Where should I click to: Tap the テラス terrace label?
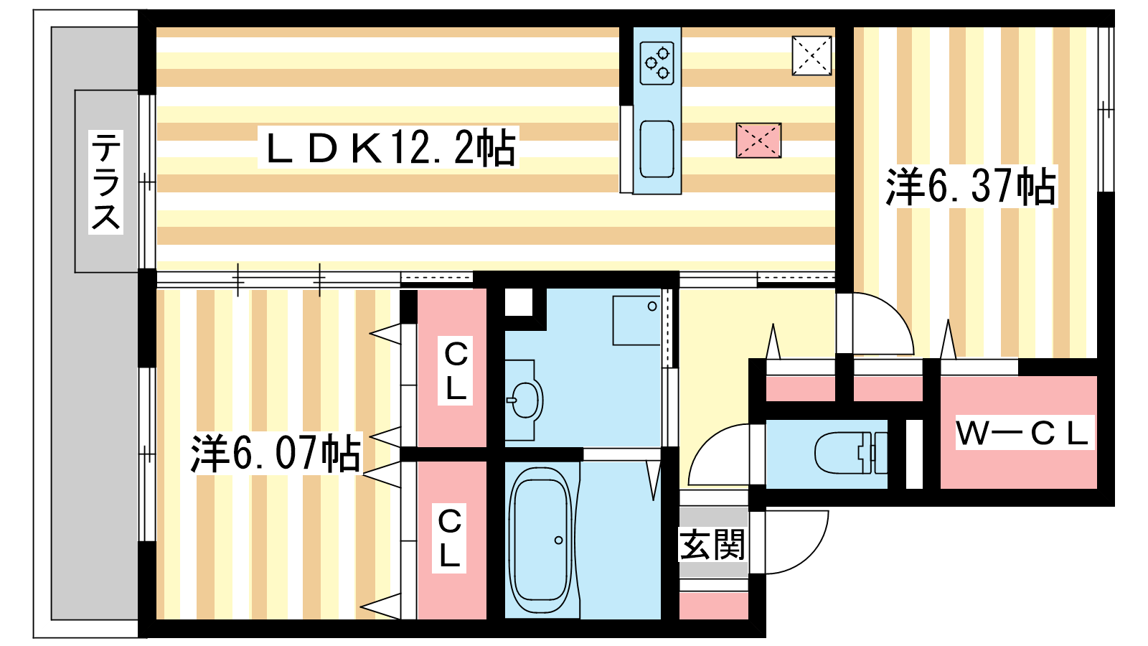click(105, 182)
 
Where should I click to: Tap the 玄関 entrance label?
click(712, 545)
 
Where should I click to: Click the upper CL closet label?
click(456, 370)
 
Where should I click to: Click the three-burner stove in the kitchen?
click(657, 62)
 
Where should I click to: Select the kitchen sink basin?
click(657, 149)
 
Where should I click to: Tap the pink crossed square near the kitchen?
click(758, 140)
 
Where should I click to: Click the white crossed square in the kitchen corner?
click(811, 56)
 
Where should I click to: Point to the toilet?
click(851, 453)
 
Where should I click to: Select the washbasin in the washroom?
click(524, 400)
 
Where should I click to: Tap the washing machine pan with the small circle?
click(636, 320)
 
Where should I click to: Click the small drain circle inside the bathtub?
click(559, 540)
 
